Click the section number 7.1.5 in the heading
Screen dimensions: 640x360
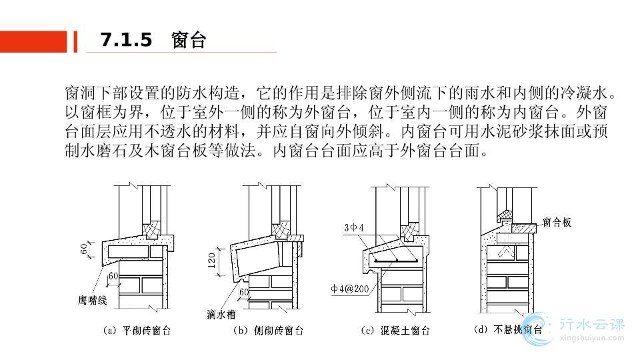click(126, 40)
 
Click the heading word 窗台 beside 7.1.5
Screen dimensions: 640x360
click(188, 41)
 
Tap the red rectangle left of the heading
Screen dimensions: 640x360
click(33, 41)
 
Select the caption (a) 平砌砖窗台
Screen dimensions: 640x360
click(137, 331)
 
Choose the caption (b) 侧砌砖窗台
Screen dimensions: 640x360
click(269, 331)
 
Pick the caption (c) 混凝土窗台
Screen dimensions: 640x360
click(395, 331)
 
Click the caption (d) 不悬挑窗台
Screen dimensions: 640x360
click(508, 329)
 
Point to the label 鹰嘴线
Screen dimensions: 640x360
click(93, 301)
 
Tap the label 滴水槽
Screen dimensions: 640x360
click(221, 314)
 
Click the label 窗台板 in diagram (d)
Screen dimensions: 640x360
click(557, 223)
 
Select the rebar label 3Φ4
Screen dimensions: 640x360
click(354, 228)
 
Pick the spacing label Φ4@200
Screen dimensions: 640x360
click(350, 289)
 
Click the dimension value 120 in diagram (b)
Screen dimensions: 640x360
click(211, 260)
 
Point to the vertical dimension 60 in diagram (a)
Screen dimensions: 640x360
click(84, 249)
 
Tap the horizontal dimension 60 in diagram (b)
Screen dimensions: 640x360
click(244, 292)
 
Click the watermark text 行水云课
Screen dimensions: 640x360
click(592, 325)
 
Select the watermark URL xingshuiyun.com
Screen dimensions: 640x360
click(592, 337)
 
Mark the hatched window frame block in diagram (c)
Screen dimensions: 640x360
click(409, 231)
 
